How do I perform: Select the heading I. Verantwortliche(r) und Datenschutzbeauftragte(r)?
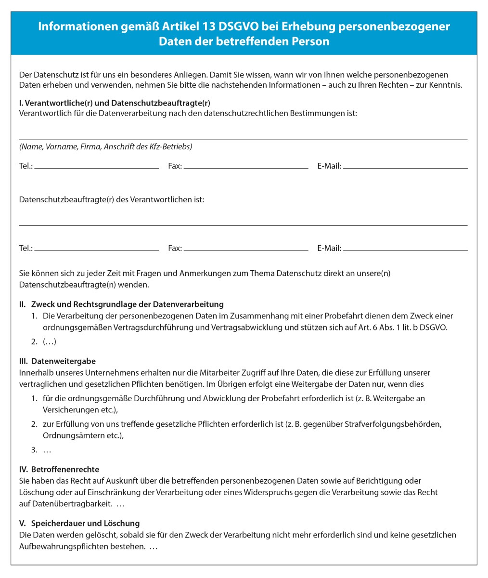click(x=115, y=103)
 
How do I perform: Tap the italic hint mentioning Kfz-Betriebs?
click(x=105, y=146)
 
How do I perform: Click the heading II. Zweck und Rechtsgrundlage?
click(x=121, y=304)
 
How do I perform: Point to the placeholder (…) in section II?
click(x=50, y=342)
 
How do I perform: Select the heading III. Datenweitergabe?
click(x=57, y=361)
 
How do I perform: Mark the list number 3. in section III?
click(x=35, y=450)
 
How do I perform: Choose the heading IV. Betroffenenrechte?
click(x=59, y=469)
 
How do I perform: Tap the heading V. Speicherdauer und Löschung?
click(x=79, y=523)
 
